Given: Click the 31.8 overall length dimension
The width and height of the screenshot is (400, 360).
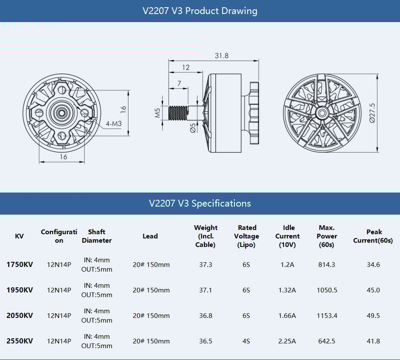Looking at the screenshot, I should pos(221,56).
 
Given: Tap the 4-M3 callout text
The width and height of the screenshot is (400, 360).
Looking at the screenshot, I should pos(113,124).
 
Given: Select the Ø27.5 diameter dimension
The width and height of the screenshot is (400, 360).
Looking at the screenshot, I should pos(372,113).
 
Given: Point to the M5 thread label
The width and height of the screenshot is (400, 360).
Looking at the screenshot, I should pos(157,112).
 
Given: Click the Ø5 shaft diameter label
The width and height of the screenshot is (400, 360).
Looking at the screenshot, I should pos(193,128).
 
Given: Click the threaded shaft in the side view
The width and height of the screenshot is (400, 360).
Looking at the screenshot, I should pos(178,113).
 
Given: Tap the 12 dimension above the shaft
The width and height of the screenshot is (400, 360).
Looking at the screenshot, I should pos(186,68).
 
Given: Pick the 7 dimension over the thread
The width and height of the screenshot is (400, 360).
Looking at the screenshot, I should pos(179,83).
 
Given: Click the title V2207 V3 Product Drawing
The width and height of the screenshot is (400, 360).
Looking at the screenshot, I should pos(200,11).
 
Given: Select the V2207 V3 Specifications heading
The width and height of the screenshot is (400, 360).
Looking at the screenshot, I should pos(200,203).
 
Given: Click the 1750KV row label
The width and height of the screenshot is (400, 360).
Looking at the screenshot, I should pos(19,264).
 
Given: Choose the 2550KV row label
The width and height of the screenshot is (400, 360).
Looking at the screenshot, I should pos(19,341).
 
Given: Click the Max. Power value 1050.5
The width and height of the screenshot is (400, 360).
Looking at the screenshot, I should pos(326,290).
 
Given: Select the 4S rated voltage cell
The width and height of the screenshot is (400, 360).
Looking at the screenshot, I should pos(246,341).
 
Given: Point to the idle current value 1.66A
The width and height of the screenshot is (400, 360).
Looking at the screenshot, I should pos(287,315).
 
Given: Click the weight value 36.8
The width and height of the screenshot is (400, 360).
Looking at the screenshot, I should pos(206,315).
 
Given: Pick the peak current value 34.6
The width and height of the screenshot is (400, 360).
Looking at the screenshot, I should pos(373,264).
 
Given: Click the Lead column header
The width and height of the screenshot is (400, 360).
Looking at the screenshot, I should pos(150,236).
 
